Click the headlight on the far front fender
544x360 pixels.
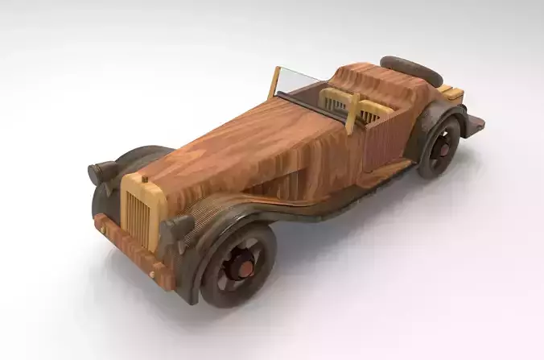click(x=101, y=172)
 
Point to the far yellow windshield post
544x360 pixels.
click(x=274, y=81)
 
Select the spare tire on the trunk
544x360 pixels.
click(x=411, y=70)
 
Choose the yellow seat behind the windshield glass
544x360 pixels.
click(x=336, y=101)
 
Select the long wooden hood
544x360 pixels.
click(x=249, y=149)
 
